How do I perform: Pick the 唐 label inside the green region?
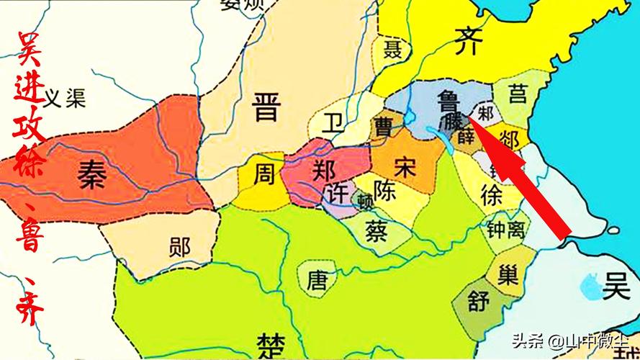click(x=317, y=279)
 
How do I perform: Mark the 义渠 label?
click(x=65, y=99)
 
